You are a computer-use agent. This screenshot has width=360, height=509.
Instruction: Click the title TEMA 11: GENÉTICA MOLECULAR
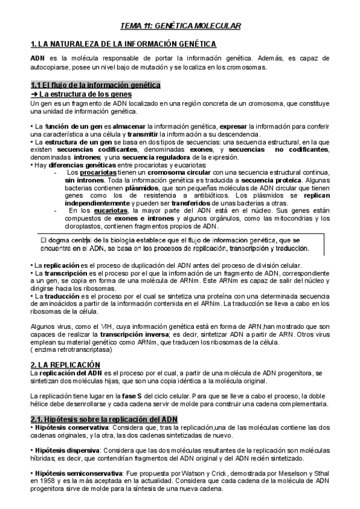180,26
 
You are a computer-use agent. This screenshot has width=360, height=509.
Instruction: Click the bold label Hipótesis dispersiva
67,450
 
